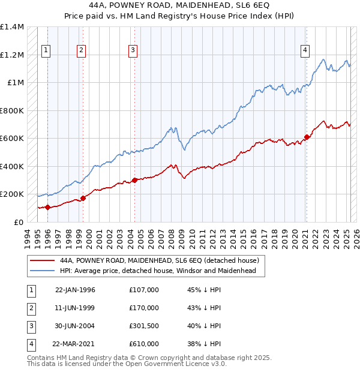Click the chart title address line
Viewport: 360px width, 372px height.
point(179,5)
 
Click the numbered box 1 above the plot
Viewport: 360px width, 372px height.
point(47,51)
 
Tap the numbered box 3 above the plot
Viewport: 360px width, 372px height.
point(133,51)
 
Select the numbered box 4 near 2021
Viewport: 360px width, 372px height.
point(305,51)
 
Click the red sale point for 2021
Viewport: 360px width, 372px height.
point(307,137)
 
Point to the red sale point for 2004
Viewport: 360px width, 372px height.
point(134,180)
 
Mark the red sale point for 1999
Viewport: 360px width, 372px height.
point(83,199)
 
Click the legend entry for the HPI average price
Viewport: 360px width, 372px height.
point(158,271)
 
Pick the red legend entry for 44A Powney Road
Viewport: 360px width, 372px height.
point(159,261)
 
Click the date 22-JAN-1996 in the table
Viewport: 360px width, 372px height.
point(75,290)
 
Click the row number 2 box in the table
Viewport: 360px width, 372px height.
point(31,308)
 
